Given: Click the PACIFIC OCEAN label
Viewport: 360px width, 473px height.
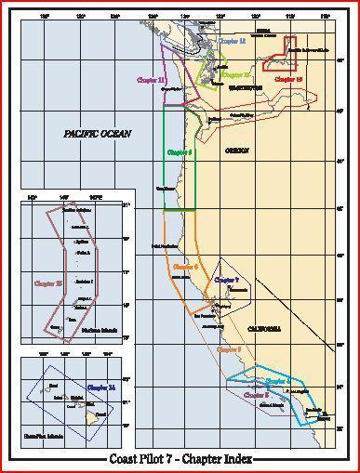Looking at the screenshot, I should (98, 134).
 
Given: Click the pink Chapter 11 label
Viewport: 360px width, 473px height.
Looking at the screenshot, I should (151, 81).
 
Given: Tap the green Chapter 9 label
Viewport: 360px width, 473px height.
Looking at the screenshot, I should (178, 151).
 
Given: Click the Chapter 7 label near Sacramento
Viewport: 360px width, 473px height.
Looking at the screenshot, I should (226, 279).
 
